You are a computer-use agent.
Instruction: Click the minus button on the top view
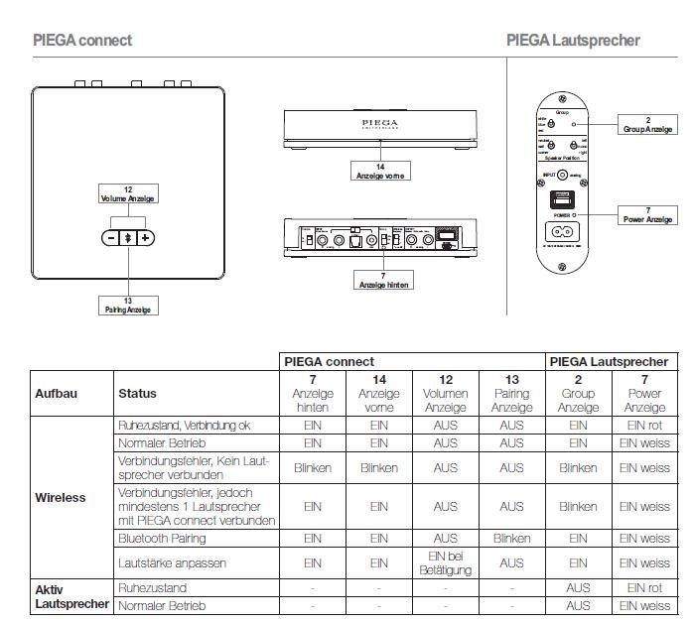point(110,238)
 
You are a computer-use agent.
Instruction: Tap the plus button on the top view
point(145,238)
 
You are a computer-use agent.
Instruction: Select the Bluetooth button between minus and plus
point(127,238)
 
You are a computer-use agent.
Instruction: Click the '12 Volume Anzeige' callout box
point(127,193)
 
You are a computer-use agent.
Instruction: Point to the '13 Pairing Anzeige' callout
point(127,305)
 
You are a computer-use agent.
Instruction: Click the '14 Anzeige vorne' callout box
point(379,172)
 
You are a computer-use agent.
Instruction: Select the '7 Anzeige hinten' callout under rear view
point(383,280)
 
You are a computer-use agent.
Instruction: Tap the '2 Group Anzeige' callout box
point(647,125)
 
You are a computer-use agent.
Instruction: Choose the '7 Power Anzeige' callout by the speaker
point(647,214)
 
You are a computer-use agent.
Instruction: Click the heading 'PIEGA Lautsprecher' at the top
point(573,41)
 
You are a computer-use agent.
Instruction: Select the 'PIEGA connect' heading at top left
point(82,41)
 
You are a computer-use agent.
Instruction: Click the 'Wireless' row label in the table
point(61,497)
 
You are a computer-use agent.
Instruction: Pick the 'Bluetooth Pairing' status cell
point(162,538)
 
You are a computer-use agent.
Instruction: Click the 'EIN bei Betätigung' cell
point(445,562)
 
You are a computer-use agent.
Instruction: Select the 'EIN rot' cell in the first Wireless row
point(644,425)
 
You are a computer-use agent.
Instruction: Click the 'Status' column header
point(137,394)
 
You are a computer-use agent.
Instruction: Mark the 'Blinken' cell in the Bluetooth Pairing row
point(511,538)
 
